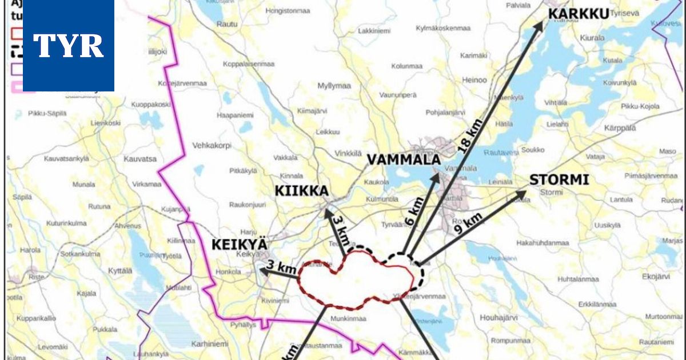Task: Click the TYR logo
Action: [x=69, y=46]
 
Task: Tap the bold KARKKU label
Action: [x=577, y=14]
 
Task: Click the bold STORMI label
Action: [x=559, y=179]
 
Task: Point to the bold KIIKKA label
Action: [x=302, y=191]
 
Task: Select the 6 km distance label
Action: [x=415, y=211]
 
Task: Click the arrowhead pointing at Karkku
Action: [x=540, y=26]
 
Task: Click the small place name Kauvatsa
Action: [x=139, y=159]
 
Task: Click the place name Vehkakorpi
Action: [x=212, y=146]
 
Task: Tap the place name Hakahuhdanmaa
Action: [x=543, y=243]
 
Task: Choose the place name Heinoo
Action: [x=475, y=80]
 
